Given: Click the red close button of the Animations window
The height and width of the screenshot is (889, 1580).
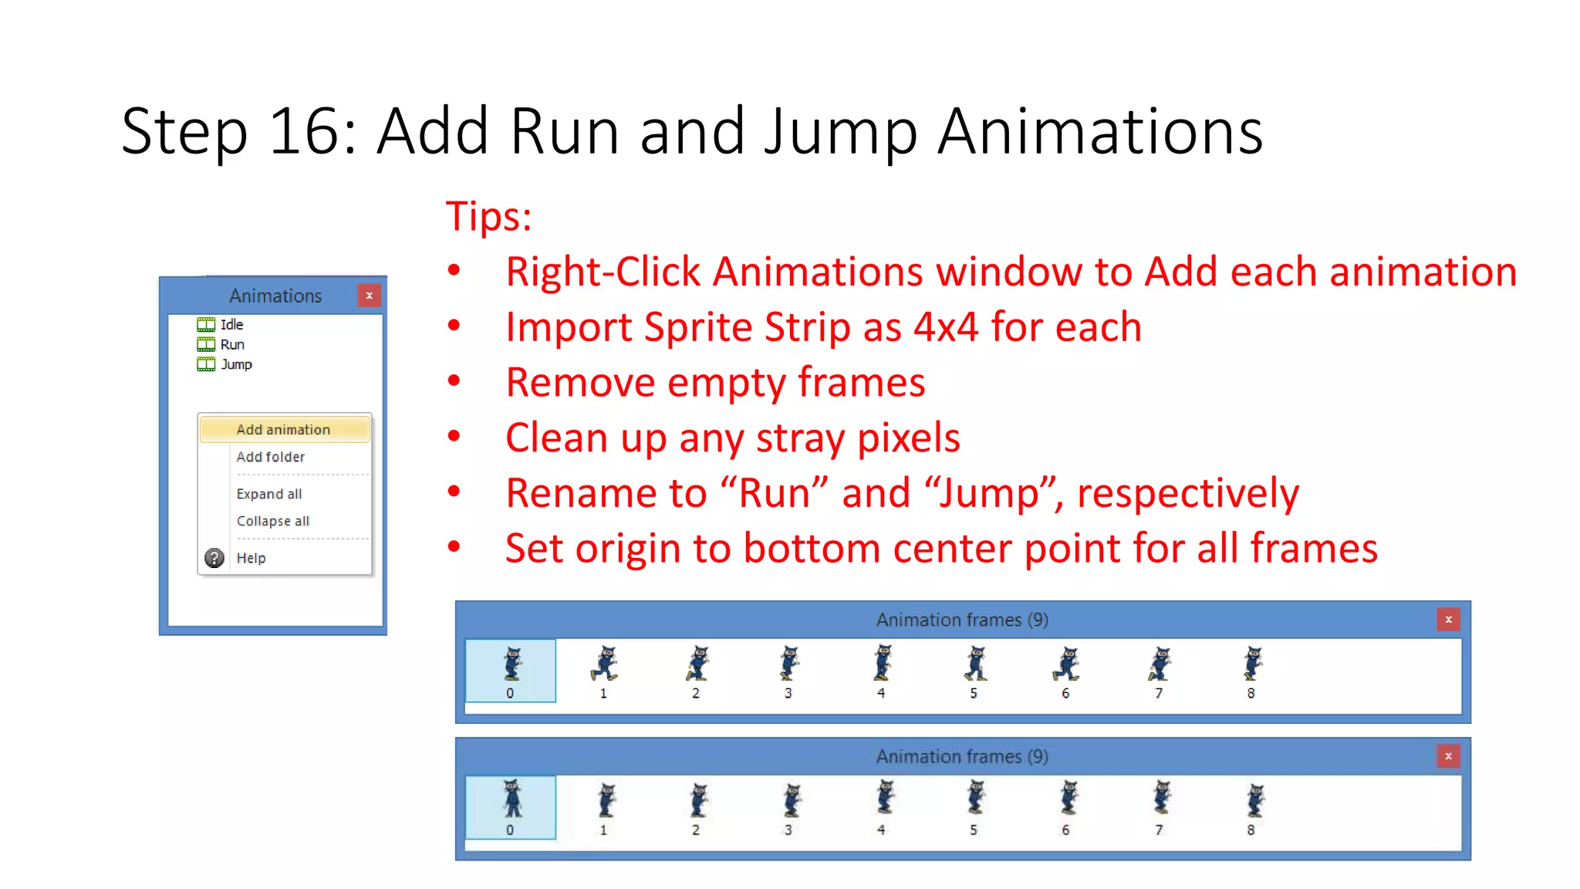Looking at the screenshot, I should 370,296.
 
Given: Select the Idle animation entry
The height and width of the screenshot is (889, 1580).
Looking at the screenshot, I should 231,325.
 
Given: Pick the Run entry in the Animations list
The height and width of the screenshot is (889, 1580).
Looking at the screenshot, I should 232,345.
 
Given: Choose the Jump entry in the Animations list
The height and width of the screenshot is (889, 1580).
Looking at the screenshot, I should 236,364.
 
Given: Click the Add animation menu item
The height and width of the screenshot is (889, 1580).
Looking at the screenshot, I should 283,430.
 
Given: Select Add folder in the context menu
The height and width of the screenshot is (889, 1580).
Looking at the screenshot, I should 270,457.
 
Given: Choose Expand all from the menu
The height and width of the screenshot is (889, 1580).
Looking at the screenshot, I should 268,494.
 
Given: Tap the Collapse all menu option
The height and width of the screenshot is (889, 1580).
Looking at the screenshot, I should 272,521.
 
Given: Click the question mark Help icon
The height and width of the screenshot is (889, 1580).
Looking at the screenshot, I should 214,558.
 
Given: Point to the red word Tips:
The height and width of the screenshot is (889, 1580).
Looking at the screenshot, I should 488,216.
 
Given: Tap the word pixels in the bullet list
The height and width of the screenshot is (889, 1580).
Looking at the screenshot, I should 908,438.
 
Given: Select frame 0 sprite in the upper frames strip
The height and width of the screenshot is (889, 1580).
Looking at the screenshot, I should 511,664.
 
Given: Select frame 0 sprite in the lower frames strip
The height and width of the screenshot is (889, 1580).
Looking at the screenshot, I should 511,799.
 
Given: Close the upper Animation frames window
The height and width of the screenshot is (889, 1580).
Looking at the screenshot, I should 1448,620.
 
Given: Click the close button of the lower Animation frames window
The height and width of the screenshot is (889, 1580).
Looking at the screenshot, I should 1448,756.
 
